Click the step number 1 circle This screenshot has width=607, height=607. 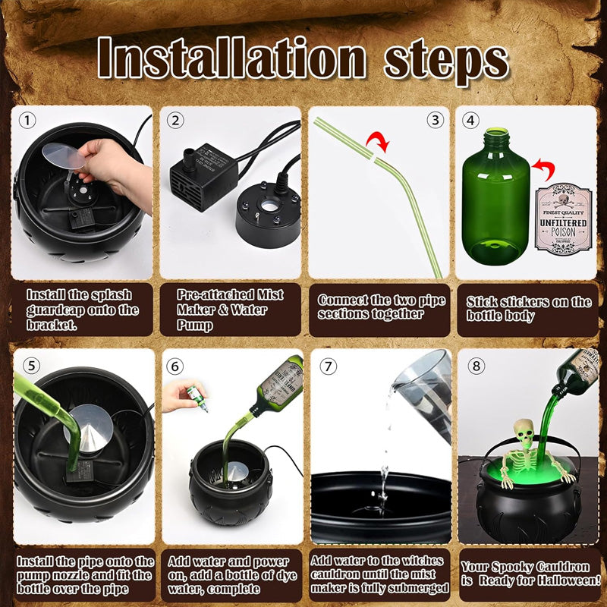click(x=28, y=120)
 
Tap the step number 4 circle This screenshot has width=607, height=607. click(x=471, y=120)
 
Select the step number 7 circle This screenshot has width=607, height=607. click(x=328, y=366)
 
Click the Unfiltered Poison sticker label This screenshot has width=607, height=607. click(x=562, y=217)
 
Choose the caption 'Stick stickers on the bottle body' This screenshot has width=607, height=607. click(x=529, y=309)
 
